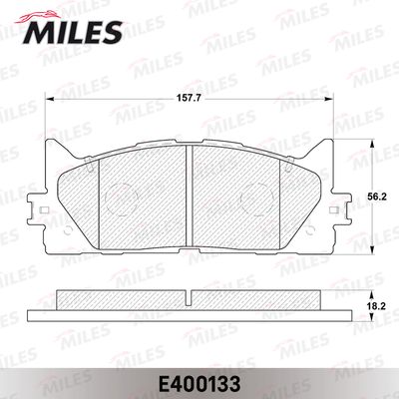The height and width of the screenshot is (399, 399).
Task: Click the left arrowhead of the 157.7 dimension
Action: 51,107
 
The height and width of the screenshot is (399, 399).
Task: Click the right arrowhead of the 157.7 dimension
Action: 329,107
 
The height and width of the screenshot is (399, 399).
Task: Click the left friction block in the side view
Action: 120,297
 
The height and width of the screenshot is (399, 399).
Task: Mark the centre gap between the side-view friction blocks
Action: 190,296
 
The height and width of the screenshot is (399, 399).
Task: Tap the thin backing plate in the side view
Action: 190,307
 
